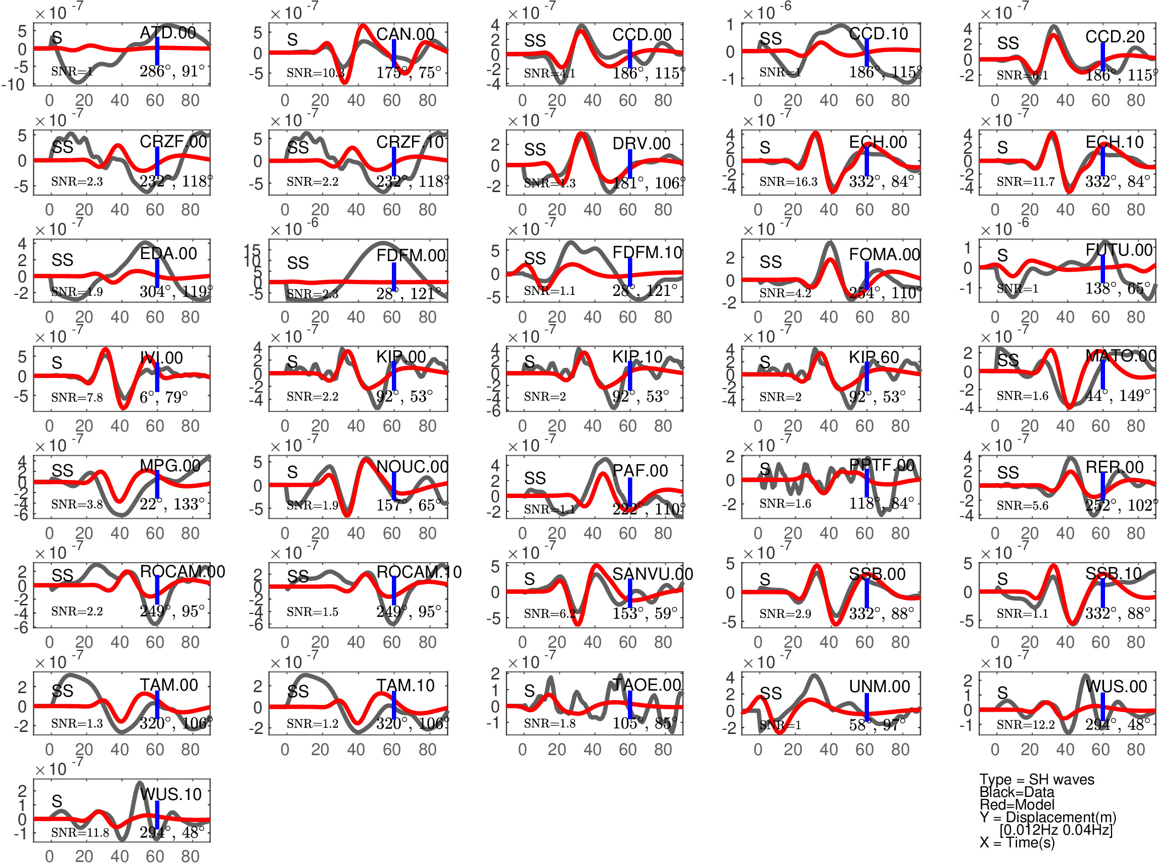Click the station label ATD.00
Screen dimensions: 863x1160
[168, 32]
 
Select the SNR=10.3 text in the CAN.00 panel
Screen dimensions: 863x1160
[315, 73]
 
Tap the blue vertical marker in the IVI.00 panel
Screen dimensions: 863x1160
[157, 377]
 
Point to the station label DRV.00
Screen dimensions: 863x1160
[641, 143]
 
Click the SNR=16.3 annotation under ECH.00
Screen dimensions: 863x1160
[788, 182]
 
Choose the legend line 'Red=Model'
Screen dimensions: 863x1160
[1017, 805]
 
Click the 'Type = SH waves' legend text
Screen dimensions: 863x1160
[1036, 779]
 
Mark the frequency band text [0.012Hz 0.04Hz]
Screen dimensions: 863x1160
[1056, 830]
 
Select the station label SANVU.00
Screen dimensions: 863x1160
[653, 574]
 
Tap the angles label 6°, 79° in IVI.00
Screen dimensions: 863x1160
[163, 397]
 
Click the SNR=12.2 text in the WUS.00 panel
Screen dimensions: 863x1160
[1026, 724]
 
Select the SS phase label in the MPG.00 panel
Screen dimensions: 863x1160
[62, 471]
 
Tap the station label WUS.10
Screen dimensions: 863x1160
[170, 794]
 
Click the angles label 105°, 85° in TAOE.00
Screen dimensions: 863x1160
[645, 723]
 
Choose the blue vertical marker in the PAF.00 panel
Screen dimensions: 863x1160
[630, 492]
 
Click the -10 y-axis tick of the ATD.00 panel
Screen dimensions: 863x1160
[14, 84]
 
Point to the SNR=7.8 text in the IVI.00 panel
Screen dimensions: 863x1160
[77, 398]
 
